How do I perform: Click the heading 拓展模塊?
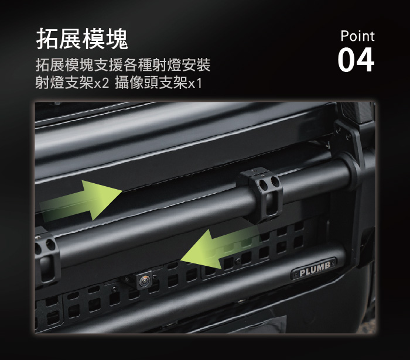point(82,39)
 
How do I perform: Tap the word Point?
point(357,36)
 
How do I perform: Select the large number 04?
point(356,60)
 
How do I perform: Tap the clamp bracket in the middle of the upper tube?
point(259,194)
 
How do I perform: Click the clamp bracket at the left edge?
point(46,258)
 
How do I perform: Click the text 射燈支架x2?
point(72,83)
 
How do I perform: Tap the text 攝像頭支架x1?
point(158,83)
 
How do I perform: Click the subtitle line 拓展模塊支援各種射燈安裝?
point(123,65)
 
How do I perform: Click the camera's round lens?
point(144,281)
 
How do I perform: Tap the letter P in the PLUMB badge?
point(303,273)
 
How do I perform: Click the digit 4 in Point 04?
point(365,60)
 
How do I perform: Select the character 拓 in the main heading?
point(47,39)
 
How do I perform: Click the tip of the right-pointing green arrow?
point(122,191)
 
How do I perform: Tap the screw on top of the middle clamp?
point(253,171)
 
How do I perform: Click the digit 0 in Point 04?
point(346,60)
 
